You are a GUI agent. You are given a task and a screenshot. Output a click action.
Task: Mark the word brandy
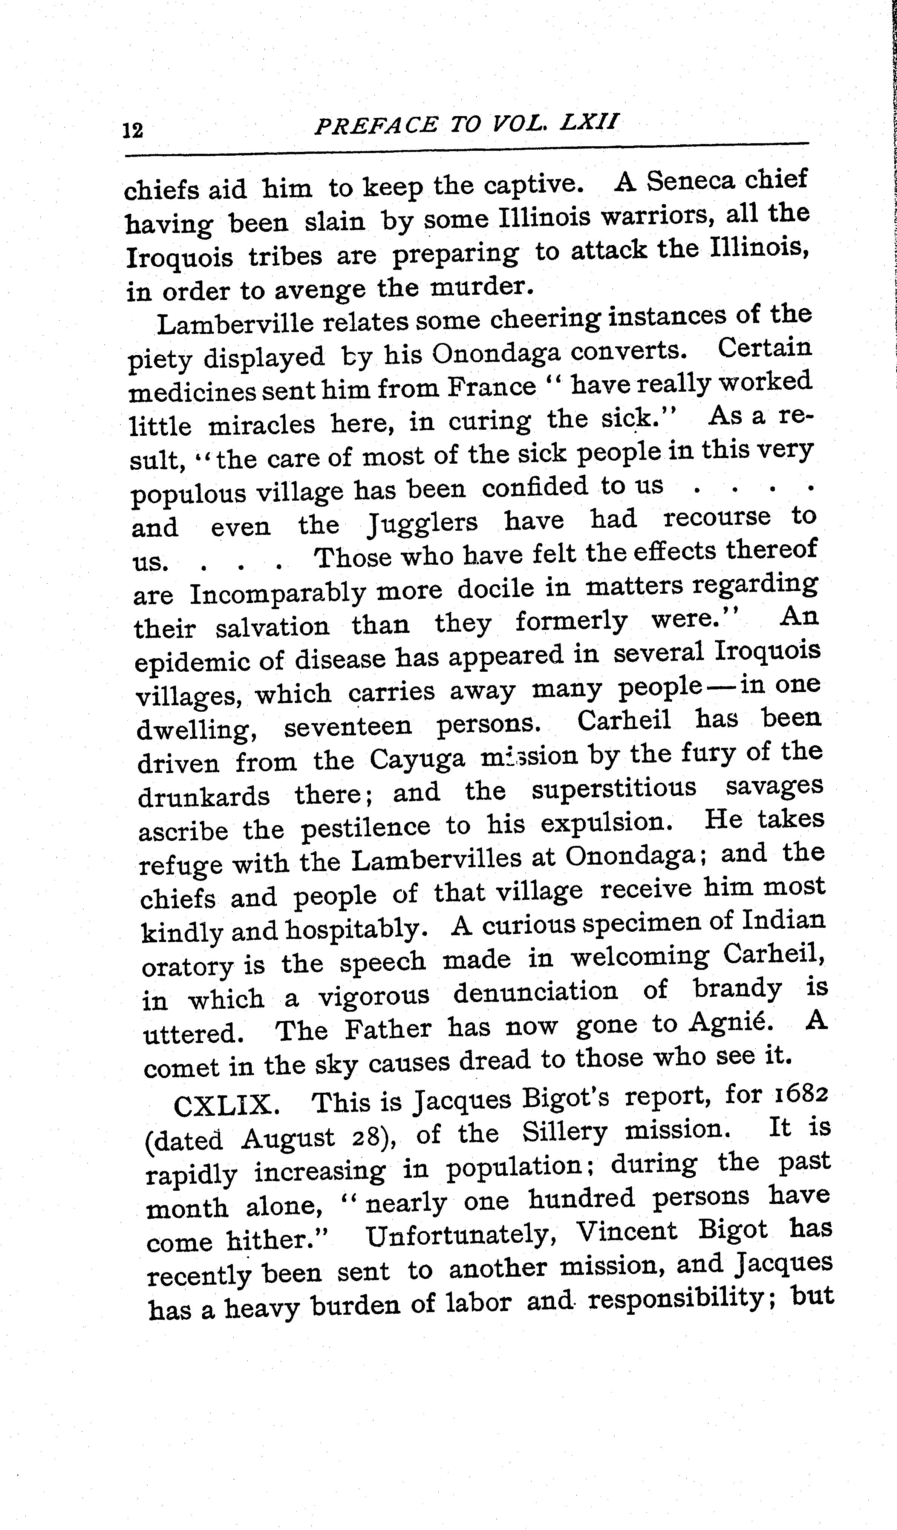(x=737, y=991)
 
